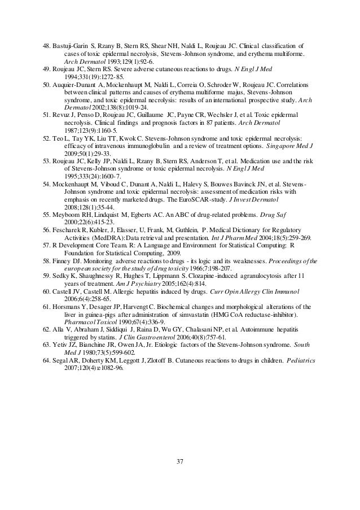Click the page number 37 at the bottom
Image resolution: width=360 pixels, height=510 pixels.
tap(180, 465)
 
